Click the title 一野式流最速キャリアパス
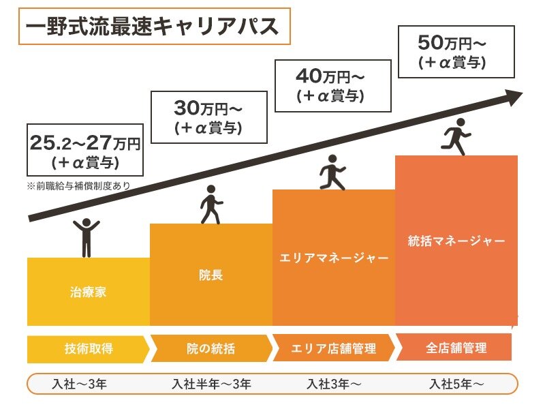pyautogui.click(x=153, y=27)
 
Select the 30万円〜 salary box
pyautogui.click(x=208, y=117)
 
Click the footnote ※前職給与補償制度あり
pyautogui.click(x=78, y=185)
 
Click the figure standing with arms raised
pyautogui.click(x=87, y=237)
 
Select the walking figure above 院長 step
pyautogui.click(x=211, y=204)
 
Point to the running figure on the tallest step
pyautogui.click(x=456, y=136)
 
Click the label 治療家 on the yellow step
pyautogui.click(x=89, y=294)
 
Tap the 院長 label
pyautogui.click(x=211, y=275)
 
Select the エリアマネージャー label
pyautogui.click(x=334, y=258)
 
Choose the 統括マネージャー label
pyautogui.click(x=456, y=241)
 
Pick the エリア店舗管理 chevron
pyautogui.click(x=334, y=348)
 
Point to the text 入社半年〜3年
pyautogui.click(x=211, y=384)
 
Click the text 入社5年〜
pyautogui.click(x=456, y=384)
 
